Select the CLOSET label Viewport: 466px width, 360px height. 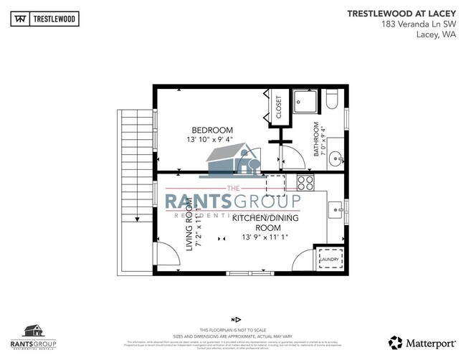[x=279, y=107]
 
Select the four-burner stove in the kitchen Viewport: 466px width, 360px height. [x=305, y=182]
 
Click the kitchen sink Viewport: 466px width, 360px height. [x=336, y=210]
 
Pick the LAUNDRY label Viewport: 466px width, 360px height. [x=330, y=260]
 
